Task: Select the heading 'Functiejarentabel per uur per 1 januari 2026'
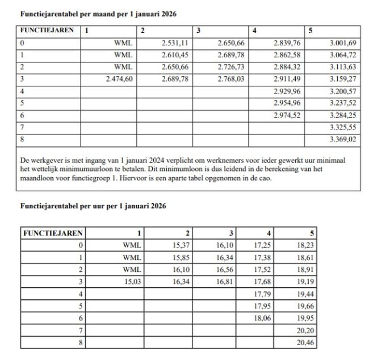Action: click(x=93, y=206)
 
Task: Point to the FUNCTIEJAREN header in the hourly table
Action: click(x=53, y=233)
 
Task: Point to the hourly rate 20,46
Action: click(x=305, y=343)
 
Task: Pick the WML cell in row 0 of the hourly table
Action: click(x=132, y=245)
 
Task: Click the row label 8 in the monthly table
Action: click(x=22, y=139)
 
